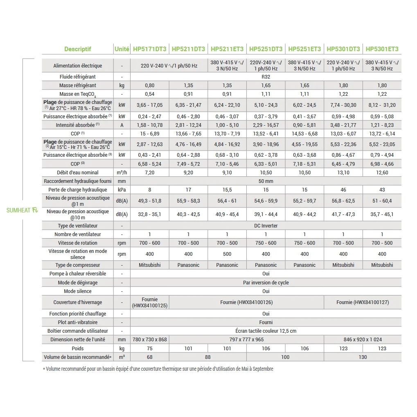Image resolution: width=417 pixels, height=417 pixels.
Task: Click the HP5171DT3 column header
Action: [x=149, y=49]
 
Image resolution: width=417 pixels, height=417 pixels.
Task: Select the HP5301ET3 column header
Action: [x=382, y=49]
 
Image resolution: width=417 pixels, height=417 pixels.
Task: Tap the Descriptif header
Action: [x=78, y=49]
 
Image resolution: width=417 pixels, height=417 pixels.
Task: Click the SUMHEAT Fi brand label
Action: [x=22, y=210]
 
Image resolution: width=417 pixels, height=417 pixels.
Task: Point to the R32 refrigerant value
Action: [x=266, y=77]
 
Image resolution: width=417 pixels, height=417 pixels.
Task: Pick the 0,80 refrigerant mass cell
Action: [x=149, y=86]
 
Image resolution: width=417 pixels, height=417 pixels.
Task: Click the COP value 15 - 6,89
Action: [x=149, y=134]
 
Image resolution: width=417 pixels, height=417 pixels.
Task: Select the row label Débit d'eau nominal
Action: [x=78, y=173]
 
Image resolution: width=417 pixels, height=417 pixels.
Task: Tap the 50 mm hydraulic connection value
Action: [x=266, y=181]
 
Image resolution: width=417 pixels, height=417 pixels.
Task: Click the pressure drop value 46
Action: [x=343, y=190]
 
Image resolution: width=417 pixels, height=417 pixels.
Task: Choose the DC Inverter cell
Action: [x=266, y=226]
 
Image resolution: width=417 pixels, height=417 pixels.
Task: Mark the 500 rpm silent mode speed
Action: [x=227, y=254]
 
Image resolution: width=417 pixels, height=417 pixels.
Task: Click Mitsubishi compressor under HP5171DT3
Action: [x=149, y=265]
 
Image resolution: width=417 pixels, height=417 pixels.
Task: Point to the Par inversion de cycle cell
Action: [x=266, y=283]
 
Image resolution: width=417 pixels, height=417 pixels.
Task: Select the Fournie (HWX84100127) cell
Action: [x=363, y=302]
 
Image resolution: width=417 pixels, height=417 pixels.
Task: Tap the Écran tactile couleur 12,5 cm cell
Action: [x=266, y=331]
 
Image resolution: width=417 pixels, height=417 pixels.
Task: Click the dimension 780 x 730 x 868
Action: [x=149, y=340]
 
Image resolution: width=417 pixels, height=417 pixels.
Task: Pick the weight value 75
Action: [x=149, y=349]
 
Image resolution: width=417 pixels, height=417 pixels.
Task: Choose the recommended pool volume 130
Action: [x=363, y=357]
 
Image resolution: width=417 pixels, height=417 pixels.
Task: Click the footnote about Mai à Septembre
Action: [x=158, y=369]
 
